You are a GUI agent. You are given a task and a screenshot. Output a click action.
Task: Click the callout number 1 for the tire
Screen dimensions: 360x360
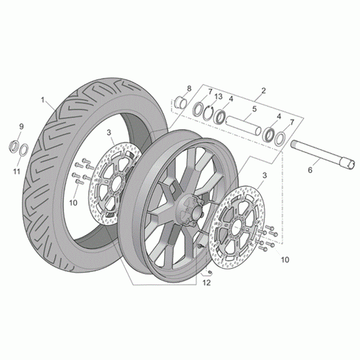[43, 100]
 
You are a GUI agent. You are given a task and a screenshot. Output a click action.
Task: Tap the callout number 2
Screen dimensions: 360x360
[263, 91]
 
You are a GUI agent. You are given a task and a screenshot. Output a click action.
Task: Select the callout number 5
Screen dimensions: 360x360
[254, 109]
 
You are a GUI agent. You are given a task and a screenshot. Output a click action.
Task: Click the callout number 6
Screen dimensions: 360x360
[310, 170]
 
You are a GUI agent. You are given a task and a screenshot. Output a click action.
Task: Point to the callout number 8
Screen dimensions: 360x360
[189, 88]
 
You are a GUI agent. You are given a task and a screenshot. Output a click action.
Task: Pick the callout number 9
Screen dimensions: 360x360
[21, 127]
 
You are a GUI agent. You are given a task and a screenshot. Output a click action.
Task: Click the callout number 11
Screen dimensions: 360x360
[16, 171]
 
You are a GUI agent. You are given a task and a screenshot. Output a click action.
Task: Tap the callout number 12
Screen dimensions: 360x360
[206, 283]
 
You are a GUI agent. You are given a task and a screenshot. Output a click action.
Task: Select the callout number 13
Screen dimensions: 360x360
[219, 97]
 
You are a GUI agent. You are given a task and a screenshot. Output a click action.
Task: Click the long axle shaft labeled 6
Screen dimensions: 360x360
[322, 155]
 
